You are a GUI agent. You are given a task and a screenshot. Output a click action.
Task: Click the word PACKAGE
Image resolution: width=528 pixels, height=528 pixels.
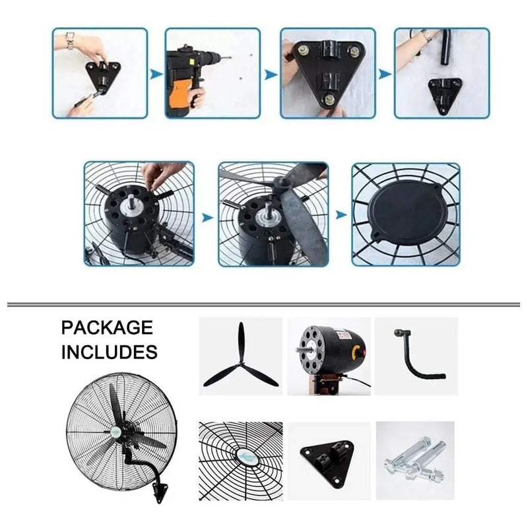click(107, 327)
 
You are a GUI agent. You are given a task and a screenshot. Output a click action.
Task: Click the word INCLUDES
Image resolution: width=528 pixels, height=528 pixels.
click(110, 352)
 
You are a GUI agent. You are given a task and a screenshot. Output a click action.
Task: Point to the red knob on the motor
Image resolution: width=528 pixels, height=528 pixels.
click(359, 352)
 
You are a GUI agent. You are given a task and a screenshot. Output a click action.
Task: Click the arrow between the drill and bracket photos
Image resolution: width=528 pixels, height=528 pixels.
click(271, 75)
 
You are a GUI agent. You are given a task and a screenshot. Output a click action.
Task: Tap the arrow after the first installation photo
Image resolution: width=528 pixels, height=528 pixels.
click(156, 75)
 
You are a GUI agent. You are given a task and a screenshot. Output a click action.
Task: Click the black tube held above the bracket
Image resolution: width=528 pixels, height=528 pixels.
click(445, 48)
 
